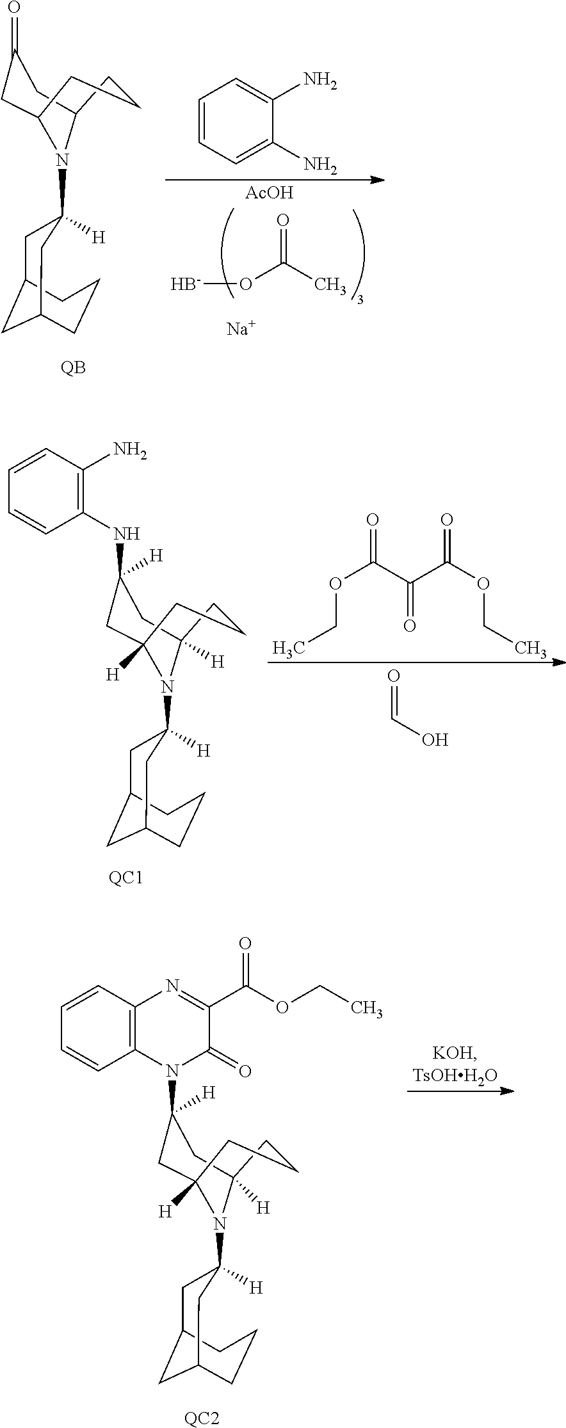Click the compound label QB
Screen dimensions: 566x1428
click(x=73, y=368)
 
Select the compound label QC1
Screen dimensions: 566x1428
click(x=125, y=877)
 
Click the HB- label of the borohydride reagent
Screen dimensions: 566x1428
click(x=186, y=284)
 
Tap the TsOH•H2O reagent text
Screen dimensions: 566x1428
click(x=454, y=1076)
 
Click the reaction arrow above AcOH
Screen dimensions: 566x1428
click(x=275, y=180)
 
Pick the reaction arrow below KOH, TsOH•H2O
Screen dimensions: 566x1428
click(x=460, y=1090)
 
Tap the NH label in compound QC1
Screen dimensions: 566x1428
click(x=127, y=533)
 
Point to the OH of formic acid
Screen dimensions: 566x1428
click(x=435, y=739)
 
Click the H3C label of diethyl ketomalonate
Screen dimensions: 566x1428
click(x=288, y=648)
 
